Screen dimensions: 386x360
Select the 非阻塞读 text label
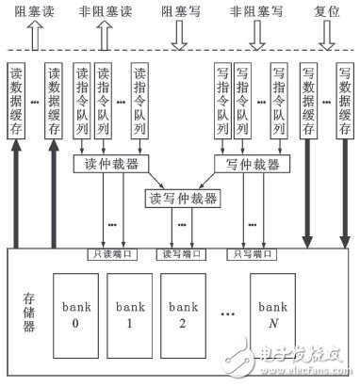point(105,14)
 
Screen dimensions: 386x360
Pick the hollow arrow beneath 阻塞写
point(178,37)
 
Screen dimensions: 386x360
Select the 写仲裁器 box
point(246,165)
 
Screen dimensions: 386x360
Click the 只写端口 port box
point(246,253)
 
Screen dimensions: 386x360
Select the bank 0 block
point(73,315)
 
